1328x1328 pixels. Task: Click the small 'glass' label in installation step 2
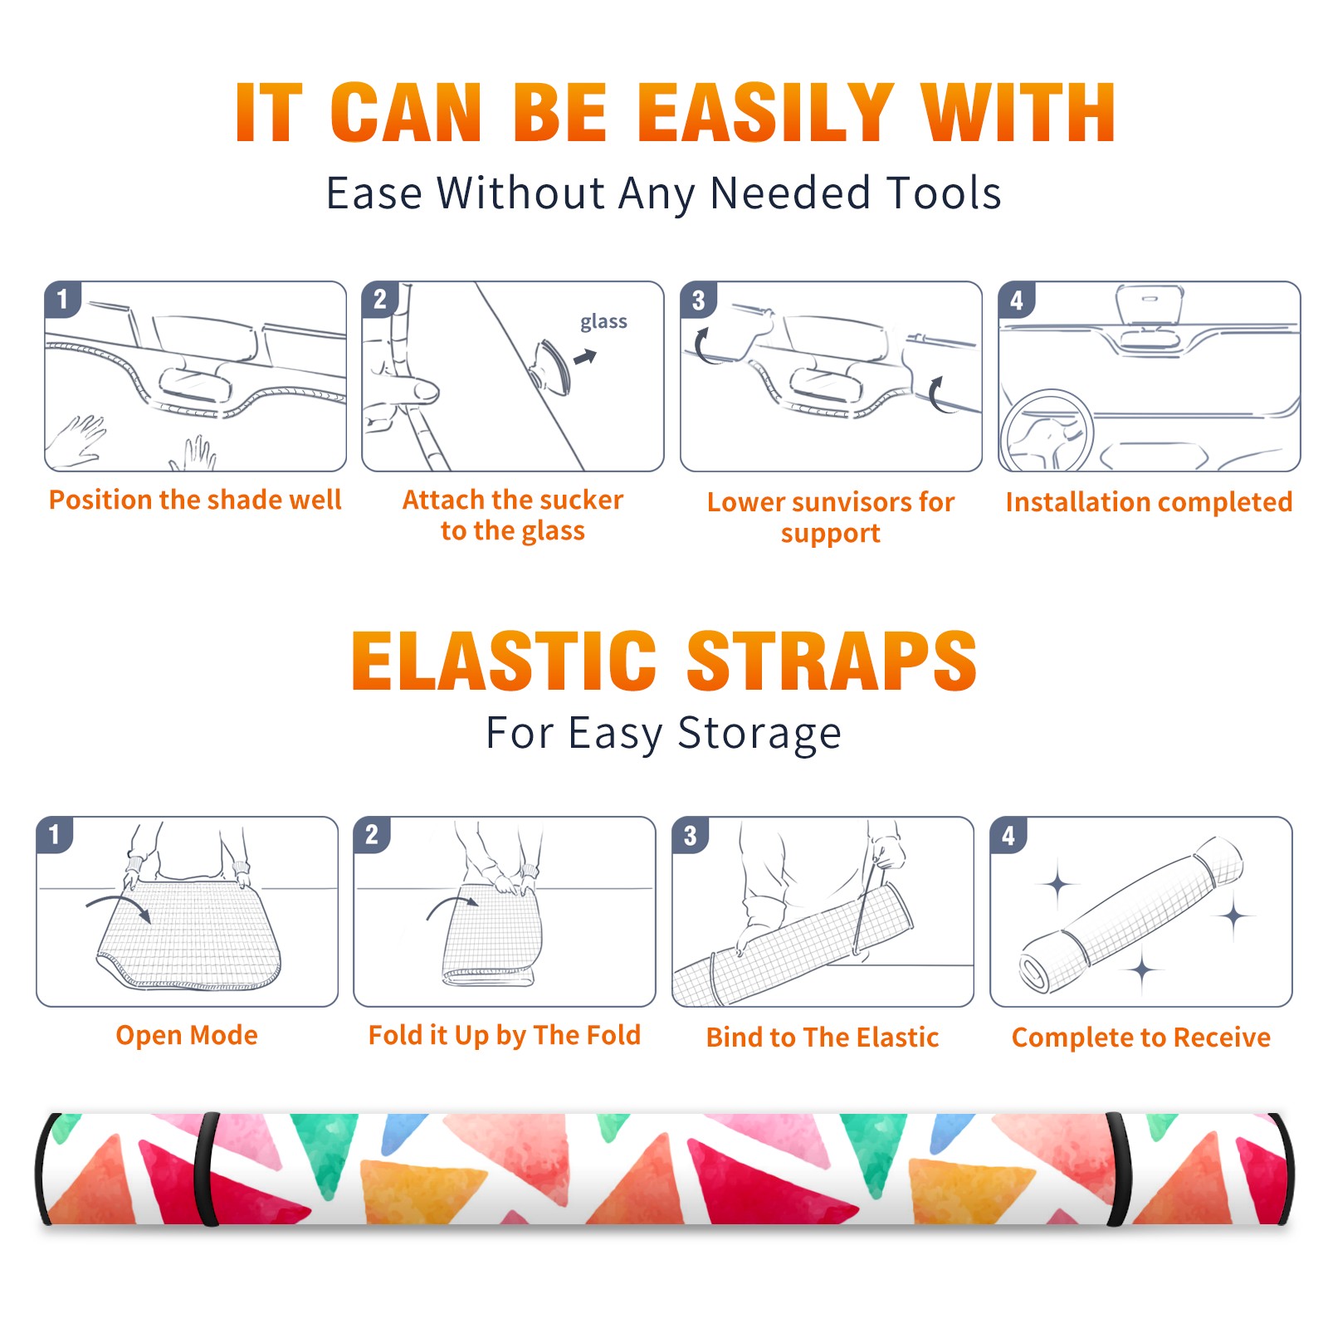[603, 322]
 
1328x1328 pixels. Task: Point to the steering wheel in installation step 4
[1046, 432]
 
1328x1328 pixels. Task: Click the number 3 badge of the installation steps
[698, 300]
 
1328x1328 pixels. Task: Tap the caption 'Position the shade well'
[195, 500]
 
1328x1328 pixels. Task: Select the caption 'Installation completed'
[1149, 502]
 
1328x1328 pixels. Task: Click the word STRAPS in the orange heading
[832, 661]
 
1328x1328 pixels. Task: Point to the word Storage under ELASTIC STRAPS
[759, 735]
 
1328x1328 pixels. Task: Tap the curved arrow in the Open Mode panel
[119, 905]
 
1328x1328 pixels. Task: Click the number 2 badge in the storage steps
[372, 835]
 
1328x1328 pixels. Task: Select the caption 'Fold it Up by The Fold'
[505, 1036]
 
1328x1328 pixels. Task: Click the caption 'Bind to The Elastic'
[823, 1037]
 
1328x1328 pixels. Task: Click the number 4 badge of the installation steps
[1017, 300]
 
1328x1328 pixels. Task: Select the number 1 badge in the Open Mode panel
[55, 835]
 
